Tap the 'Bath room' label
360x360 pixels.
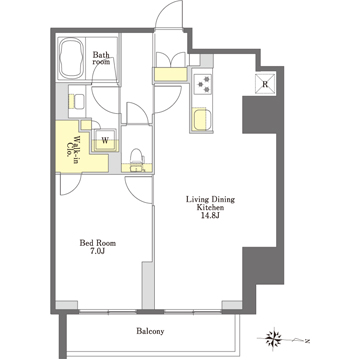[x=102, y=58]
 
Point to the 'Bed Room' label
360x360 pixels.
[x=99, y=241]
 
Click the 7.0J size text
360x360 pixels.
[x=99, y=252]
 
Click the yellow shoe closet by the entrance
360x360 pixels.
[x=169, y=73]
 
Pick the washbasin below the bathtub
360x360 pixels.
[x=77, y=99]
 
